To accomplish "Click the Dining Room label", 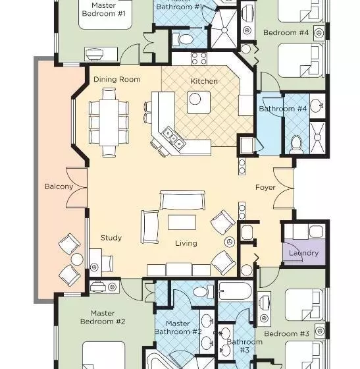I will [116, 79].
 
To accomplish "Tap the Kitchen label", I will [203, 81].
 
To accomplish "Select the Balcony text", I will [59, 186].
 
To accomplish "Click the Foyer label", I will [265, 187].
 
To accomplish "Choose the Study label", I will [111, 238].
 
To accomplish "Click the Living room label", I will [186, 243].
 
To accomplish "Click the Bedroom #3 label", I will [286, 333].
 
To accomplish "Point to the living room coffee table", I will [182, 222].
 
